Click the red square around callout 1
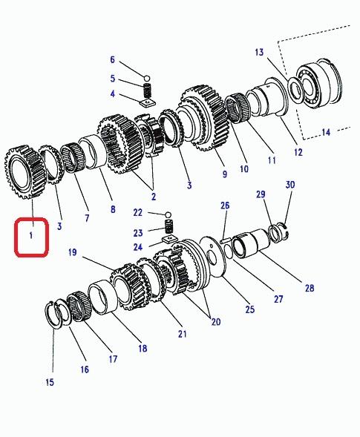16,237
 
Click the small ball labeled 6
147,78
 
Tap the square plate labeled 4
148,102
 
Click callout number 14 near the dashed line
326,132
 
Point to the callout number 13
259,52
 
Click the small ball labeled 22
168,215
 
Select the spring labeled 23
169,226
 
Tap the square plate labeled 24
169,240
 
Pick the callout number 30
290,185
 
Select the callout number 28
310,288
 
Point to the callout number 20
216,322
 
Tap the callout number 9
225,174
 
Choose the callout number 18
143,348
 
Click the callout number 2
154,197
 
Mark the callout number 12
298,152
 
